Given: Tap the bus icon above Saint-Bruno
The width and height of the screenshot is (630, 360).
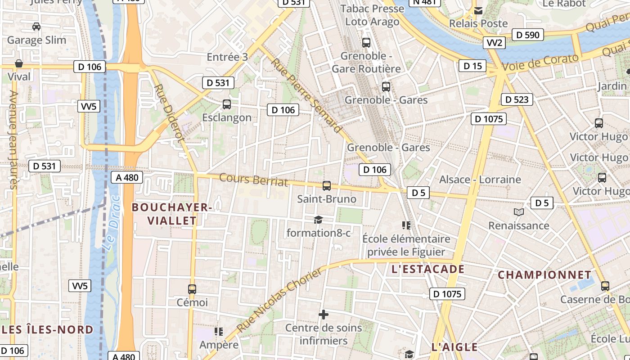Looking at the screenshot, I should [327, 185].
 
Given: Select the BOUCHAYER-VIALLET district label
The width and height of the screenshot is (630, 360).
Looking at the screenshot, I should [171, 214].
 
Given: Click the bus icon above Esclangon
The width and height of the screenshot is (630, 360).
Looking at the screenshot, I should [227, 104].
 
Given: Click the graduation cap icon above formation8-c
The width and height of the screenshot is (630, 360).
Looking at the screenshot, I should [319, 220].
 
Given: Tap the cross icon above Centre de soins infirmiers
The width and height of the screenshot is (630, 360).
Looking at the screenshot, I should [323, 315].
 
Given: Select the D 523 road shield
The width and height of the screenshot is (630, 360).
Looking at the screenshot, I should [517, 99].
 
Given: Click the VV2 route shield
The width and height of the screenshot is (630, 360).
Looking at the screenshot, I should [495, 43].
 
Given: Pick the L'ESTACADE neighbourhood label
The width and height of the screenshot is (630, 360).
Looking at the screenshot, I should [427, 269].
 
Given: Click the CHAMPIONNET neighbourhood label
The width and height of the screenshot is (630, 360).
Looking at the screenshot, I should [544, 274].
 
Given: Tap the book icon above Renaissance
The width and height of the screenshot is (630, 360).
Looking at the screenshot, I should [519, 212].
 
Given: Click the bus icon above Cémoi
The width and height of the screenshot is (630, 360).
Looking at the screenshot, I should [192, 289].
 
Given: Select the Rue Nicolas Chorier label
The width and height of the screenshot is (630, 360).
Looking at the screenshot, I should [280, 300].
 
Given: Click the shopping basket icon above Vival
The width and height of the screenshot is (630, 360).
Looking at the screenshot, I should [19, 63].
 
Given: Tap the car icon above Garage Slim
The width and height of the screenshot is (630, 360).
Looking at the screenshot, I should [36, 27].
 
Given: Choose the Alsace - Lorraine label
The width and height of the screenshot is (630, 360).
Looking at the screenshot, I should [480, 180].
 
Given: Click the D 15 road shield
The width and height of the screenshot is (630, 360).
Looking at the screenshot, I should [472, 66].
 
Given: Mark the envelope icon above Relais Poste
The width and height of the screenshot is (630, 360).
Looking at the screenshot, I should [478, 10].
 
